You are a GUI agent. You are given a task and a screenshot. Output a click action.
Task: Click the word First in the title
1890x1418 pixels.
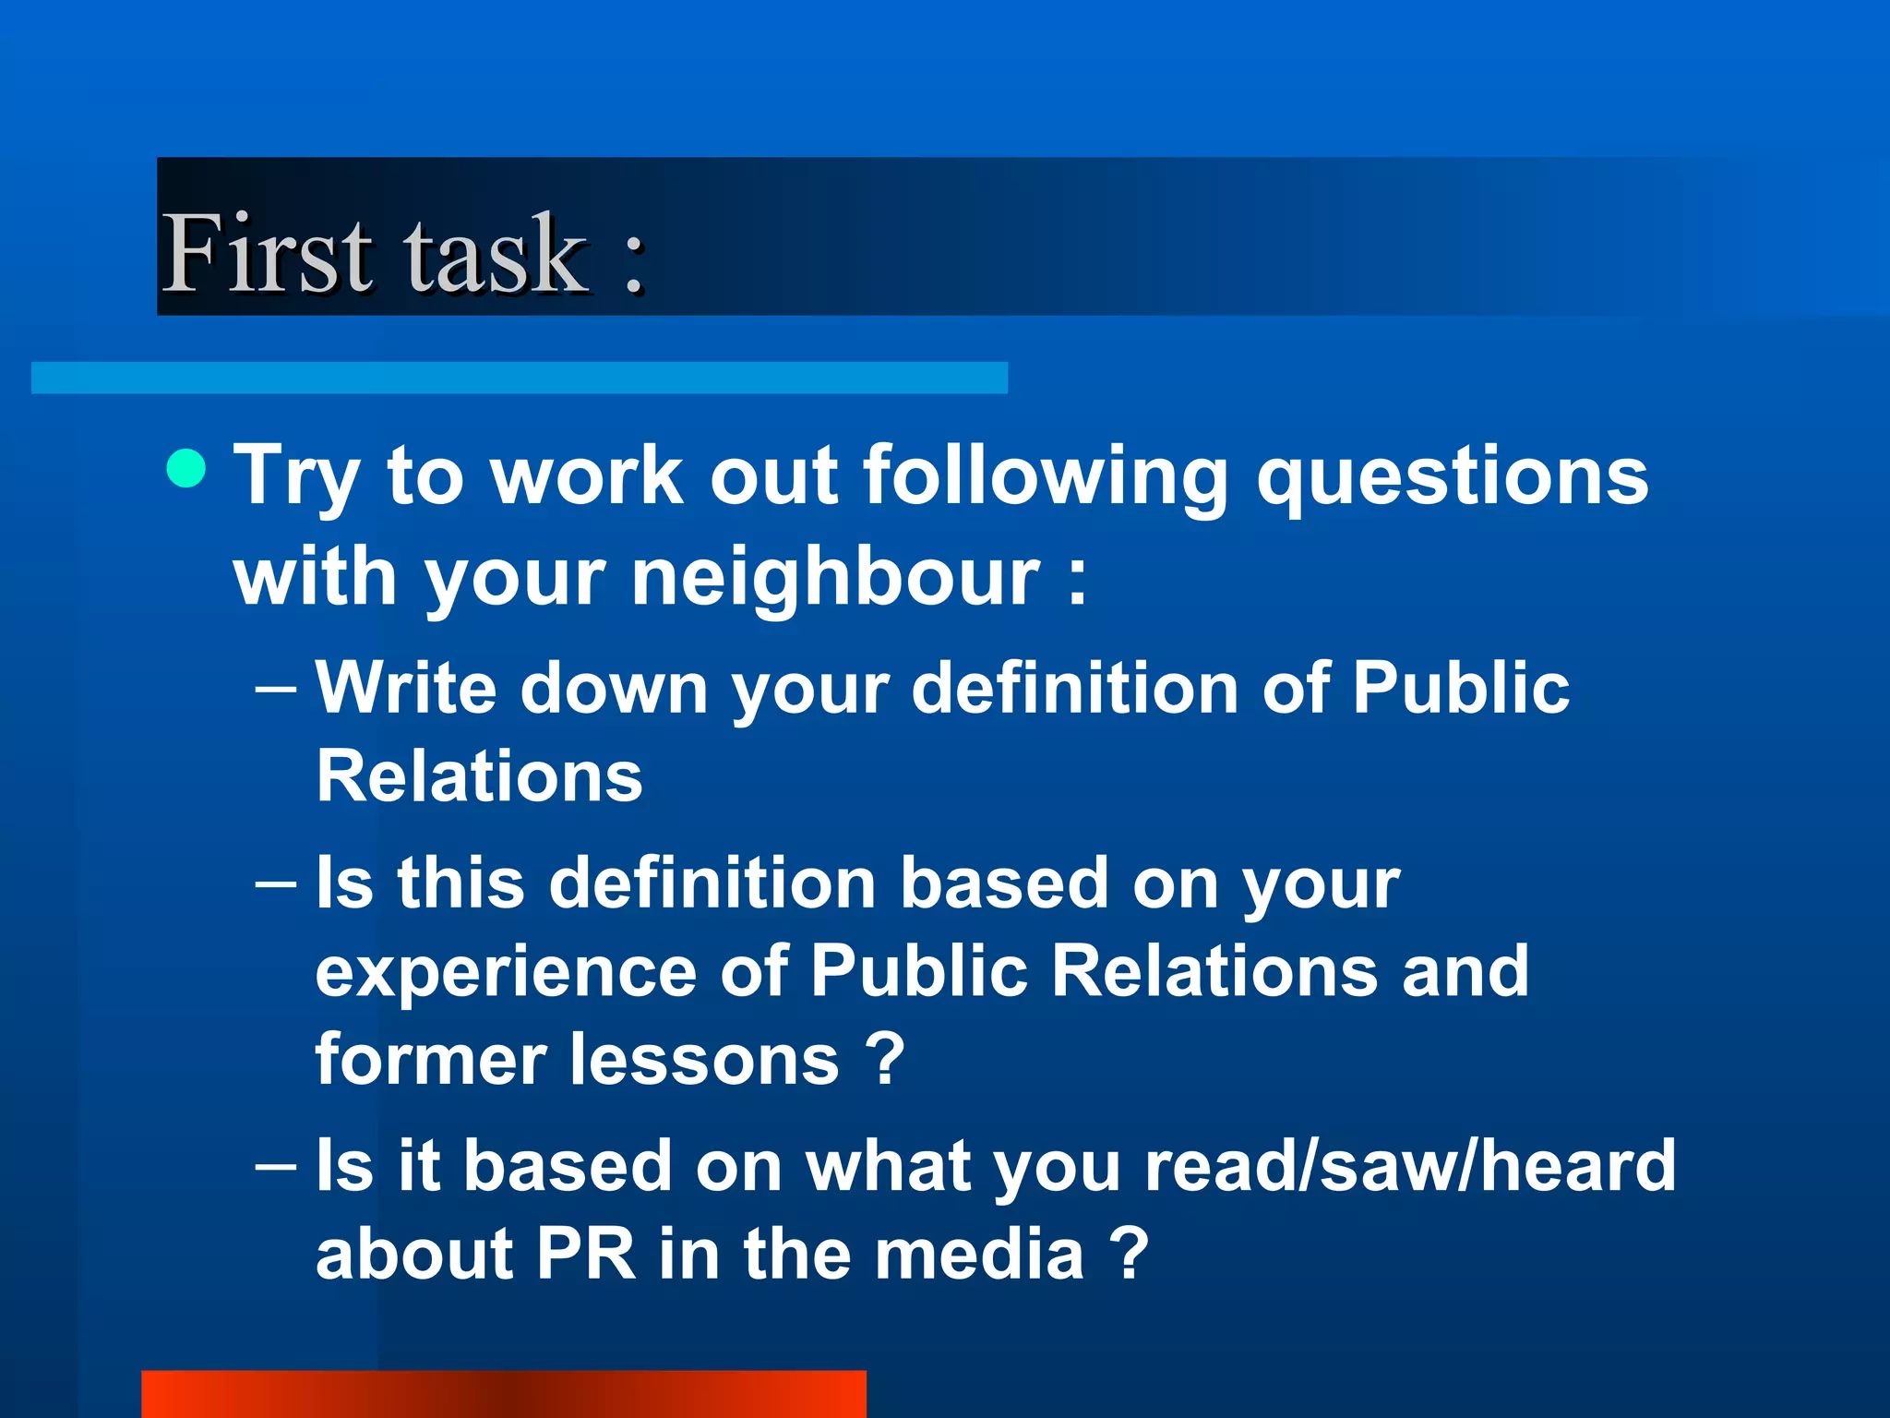[268, 253]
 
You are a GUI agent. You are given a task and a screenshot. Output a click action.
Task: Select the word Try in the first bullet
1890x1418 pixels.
[295, 477]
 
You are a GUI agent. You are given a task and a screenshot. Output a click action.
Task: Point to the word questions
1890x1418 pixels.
[1453, 477]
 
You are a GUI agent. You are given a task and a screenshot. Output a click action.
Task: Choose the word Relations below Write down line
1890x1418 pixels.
[479, 776]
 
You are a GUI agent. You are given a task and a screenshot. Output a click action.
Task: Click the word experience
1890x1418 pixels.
[506, 972]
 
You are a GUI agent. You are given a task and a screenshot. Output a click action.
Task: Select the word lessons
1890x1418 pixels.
[705, 1059]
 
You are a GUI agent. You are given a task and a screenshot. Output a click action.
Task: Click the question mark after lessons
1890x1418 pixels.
[885, 1059]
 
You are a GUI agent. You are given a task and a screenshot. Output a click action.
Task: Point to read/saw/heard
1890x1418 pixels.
[1410, 1165]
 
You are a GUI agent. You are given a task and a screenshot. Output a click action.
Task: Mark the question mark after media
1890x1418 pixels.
[1130, 1254]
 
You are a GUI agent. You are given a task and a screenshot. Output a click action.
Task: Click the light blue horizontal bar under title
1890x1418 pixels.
[519, 378]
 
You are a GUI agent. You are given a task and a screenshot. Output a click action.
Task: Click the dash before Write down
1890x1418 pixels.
[275, 689]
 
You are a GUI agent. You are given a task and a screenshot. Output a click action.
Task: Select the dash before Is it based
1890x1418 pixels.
[275, 1166]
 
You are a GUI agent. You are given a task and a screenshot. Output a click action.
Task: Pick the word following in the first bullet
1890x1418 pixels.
[1045, 477]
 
